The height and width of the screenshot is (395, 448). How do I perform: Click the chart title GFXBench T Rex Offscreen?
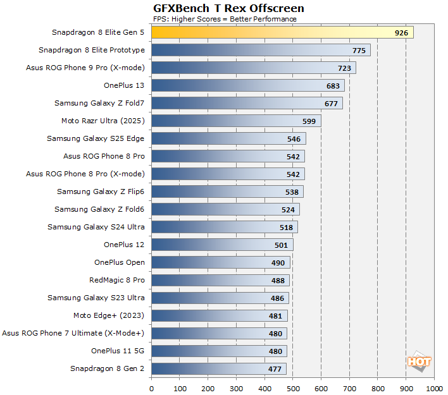pos(228,8)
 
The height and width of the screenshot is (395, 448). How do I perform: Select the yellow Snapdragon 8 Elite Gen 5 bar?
pos(282,32)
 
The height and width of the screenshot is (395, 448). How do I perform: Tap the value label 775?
pos(359,50)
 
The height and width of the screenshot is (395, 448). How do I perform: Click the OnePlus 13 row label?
pos(124,85)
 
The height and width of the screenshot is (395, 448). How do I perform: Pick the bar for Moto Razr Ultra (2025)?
pos(236,121)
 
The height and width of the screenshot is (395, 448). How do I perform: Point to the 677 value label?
pos(332,103)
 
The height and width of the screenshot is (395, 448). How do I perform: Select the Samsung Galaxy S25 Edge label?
pos(96,138)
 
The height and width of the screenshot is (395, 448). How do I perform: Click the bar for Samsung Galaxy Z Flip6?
pos(227,191)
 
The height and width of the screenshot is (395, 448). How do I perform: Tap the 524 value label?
pos(289,209)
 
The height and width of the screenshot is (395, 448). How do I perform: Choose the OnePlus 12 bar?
pos(222,245)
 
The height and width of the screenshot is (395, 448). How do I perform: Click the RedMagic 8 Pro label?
pos(117,280)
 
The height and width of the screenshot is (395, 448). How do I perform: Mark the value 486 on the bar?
pos(278,298)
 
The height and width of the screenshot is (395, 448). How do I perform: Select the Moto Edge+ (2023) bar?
pos(220,315)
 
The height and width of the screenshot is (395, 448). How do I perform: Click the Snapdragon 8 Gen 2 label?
pos(108,368)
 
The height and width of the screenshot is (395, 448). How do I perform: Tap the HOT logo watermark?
pos(419,362)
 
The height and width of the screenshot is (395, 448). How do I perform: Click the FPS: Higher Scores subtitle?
pos(225,19)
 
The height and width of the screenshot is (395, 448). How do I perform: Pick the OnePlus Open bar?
pos(221,262)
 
